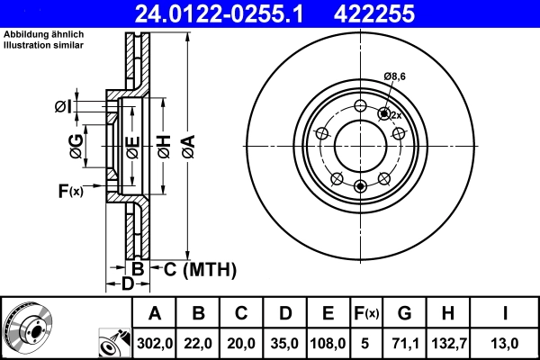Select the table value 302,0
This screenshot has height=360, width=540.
[154, 343]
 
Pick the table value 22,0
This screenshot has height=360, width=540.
[199, 343]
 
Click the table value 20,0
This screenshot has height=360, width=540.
[242, 343]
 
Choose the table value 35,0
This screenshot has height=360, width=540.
[285, 343]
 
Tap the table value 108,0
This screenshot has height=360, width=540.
[328, 343]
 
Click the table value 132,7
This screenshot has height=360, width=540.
[447, 343]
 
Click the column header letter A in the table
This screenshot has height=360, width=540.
[154, 313]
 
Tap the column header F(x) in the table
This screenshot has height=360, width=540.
[366, 313]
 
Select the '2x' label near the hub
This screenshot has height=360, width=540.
[395, 115]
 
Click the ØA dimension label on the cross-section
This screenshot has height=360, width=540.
[187, 144]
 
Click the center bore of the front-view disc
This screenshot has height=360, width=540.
[360, 144]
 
